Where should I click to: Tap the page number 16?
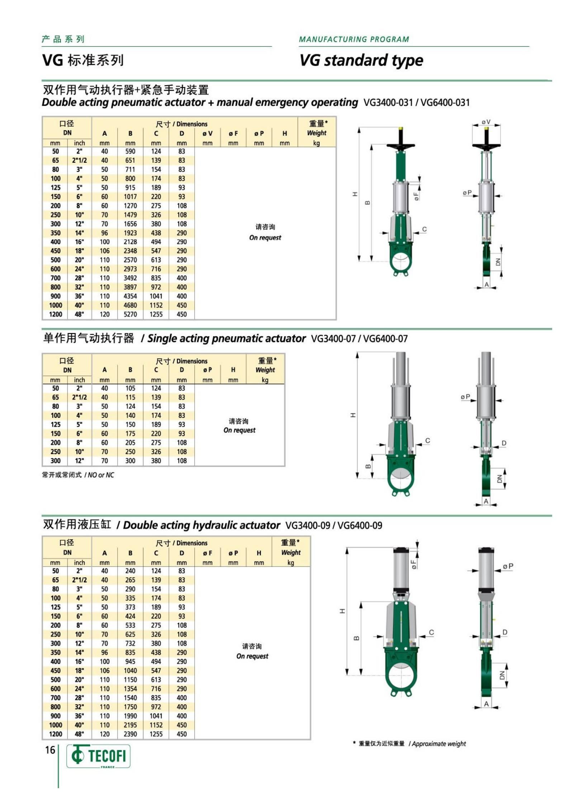[x=50, y=750]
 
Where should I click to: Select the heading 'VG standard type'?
[x=361, y=60]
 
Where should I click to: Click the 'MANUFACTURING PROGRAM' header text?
[x=354, y=39]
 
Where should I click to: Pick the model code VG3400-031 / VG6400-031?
[x=416, y=103]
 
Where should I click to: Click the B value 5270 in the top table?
[x=130, y=314]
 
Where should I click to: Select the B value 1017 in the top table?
[x=130, y=196]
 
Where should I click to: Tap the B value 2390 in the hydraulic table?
[x=130, y=734]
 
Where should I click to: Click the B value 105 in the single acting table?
[x=130, y=388]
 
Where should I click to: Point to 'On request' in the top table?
[x=265, y=237]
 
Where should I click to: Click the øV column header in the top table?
[x=207, y=133]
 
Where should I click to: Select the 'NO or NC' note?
[x=101, y=475]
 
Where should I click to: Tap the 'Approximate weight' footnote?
[x=439, y=744]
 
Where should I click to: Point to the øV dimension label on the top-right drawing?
[x=486, y=122]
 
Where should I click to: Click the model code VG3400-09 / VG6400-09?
[x=333, y=525]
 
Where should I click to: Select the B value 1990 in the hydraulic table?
[x=130, y=716]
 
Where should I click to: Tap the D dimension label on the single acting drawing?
[x=504, y=443]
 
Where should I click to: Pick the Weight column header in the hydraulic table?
[x=291, y=553]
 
